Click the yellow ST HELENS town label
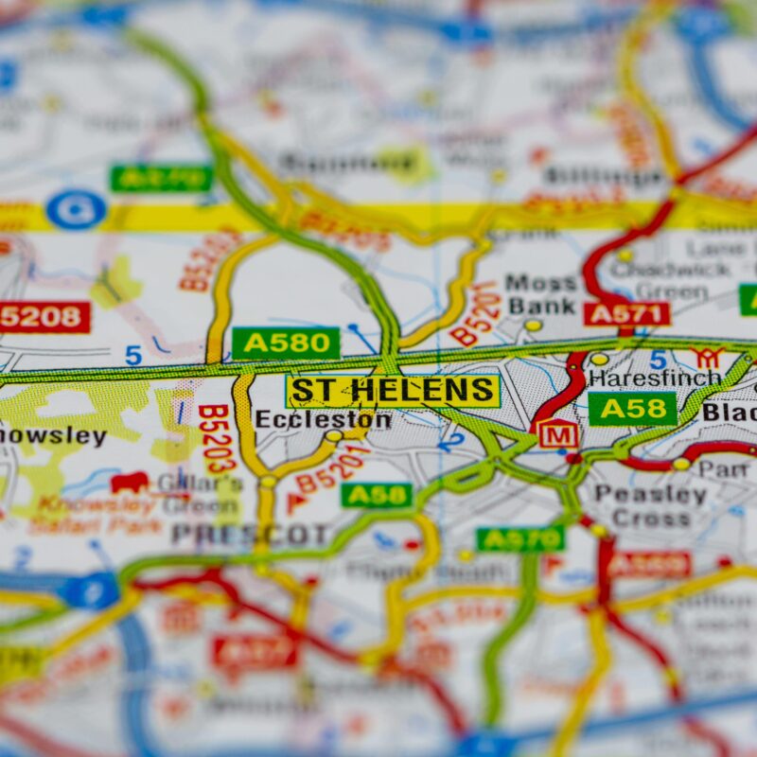pyautogui.click(x=393, y=390)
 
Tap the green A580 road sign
pyautogui.click(x=286, y=343)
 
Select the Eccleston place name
pyautogui.click(x=323, y=419)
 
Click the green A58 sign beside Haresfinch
pyautogui.click(x=632, y=409)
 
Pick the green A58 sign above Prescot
pyautogui.click(x=377, y=495)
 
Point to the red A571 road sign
pyautogui.click(x=626, y=314)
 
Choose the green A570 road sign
pyautogui.click(x=520, y=539)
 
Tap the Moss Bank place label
pyautogui.click(x=541, y=294)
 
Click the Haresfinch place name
pyautogui.click(x=654, y=378)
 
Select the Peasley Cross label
pyautogui.click(x=650, y=506)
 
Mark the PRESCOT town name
pyautogui.click(x=251, y=535)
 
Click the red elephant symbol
pyautogui.click(x=130, y=483)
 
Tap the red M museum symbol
pyautogui.click(x=558, y=434)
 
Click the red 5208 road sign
pyautogui.click(x=44, y=317)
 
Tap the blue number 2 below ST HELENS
pyautogui.click(x=456, y=440)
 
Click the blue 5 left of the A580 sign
pyautogui.click(x=133, y=356)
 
